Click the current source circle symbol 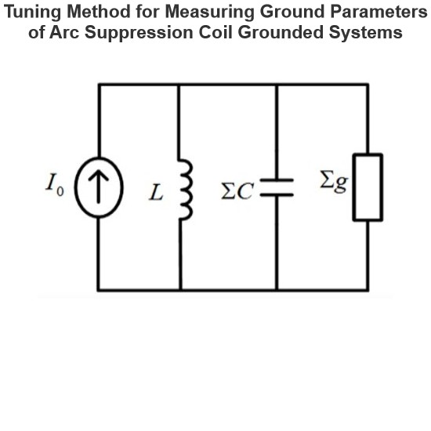(x=74, y=188)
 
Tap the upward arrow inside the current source (x=99, y=187)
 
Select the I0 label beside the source (x=55, y=184)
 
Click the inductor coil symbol (x=187, y=190)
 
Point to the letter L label (x=156, y=192)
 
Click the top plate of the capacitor (x=277, y=180)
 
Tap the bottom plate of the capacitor (x=277, y=195)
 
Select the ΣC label (x=237, y=191)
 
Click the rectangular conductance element (x=353, y=187)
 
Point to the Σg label (x=335, y=182)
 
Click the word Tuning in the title (x=32, y=12)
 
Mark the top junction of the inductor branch (x=179, y=85)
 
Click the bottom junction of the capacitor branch (x=277, y=290)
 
